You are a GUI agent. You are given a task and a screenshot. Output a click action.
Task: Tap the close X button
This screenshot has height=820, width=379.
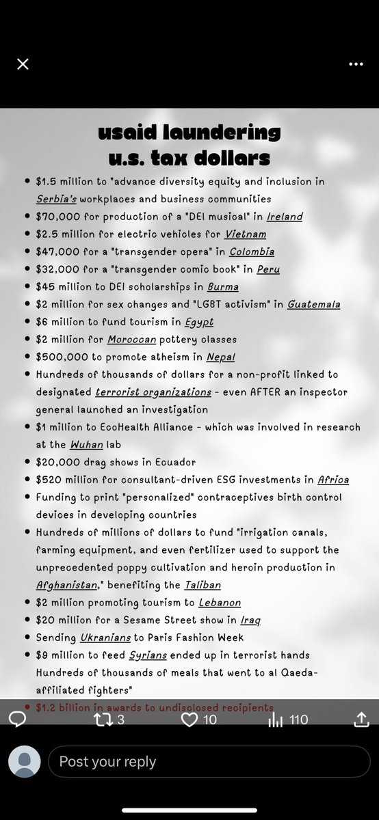tap(23, 64)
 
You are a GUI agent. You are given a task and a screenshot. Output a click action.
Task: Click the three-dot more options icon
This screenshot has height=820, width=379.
tap(356, 64)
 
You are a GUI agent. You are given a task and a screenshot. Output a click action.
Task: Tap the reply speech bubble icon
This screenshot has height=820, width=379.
tap(18, 719)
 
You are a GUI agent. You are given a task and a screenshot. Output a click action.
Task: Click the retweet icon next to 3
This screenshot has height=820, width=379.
tap(102, 719)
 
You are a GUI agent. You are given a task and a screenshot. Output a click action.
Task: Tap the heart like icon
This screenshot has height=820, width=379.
tap(189, 719)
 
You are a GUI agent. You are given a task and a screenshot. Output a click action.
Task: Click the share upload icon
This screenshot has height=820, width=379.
tap(362, 719)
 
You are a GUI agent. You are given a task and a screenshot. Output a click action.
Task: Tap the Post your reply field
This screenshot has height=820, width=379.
tap(209, 762)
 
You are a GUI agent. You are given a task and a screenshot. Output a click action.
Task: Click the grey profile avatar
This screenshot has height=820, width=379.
tap(24, 762)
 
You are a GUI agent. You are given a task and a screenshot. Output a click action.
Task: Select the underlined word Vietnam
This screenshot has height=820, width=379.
tap(247, 234)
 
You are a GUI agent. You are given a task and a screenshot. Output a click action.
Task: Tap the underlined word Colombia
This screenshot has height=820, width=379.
tap(252, 252)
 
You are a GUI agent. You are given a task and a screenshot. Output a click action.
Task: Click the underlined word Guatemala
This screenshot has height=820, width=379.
tap(313, 305)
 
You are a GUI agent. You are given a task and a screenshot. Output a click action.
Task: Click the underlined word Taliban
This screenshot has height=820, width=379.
tap(202, 585)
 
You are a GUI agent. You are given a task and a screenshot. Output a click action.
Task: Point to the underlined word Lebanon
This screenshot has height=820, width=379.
tap(220, 603)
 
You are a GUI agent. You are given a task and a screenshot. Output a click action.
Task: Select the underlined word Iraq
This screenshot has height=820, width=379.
tap(250, 620)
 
